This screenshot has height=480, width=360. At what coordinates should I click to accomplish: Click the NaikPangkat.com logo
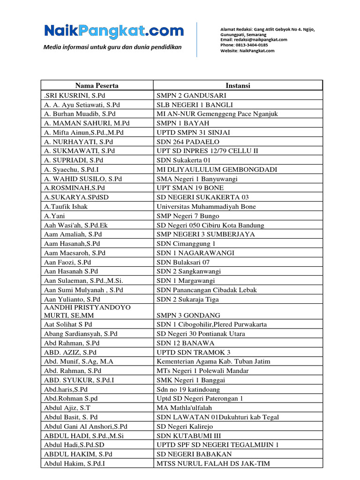(114, 31)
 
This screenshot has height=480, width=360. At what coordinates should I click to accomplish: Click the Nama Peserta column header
(97, 85)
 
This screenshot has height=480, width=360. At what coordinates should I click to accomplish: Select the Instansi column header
(238, 85)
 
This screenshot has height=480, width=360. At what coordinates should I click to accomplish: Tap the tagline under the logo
(112, 47)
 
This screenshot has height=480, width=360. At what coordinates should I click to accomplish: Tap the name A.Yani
(55, 216)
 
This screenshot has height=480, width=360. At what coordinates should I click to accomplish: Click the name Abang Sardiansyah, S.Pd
(81, 334)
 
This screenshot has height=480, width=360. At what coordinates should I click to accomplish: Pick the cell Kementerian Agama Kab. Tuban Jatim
(213, 361)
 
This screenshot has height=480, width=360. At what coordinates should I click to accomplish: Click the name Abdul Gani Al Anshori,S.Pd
(86, 426)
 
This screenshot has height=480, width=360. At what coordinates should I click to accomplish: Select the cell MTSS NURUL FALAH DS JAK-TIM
(213, 463)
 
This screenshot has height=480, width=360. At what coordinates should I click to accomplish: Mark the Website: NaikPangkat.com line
(247, 51)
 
